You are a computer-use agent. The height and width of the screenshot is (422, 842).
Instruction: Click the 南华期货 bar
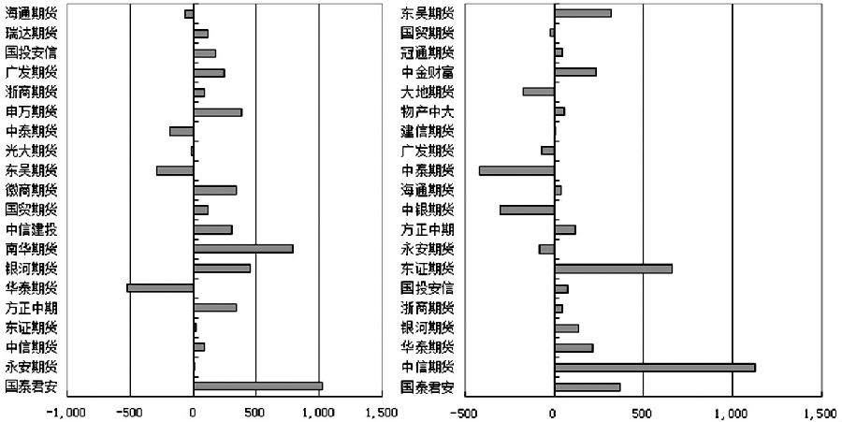[x=243, y=249]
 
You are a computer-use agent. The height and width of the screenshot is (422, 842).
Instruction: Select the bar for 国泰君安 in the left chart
[x=257, y=386]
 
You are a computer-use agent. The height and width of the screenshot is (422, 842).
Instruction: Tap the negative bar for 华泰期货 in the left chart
[x=160, y=287]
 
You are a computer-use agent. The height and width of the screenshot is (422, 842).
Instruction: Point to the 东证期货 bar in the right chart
[x=613, y=269]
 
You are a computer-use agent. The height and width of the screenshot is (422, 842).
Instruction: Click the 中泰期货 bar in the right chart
[x=516, y=170]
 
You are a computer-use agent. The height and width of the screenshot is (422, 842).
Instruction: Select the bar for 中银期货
[x=527, y=210]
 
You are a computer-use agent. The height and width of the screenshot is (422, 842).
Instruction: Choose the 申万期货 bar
[x=217, y=112]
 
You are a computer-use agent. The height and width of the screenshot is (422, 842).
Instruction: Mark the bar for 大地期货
[x=538, y=92]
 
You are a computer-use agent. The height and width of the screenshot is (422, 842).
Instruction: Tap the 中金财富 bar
[x=574, y=72]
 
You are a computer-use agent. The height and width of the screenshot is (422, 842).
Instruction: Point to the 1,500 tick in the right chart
[x=820, y=412]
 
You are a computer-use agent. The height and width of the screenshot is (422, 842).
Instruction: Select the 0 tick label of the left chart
[x=193, y=412]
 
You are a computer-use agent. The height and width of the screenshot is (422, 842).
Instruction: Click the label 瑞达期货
[x=31, y=34]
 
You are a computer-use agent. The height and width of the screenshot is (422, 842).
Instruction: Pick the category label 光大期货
[x=31, y=151]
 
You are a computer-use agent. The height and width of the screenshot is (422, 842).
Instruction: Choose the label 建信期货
[x=428, y=131]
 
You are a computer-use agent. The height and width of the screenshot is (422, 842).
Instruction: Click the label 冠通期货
[x=428, y=52]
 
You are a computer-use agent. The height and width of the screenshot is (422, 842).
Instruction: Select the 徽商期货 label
[x=31, y=190]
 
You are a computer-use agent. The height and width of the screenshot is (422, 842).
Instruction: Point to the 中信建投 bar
[x=212, y=229]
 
